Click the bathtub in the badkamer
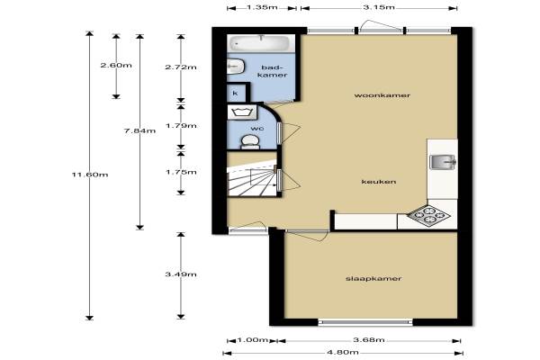(261, 43)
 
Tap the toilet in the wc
(250, 141)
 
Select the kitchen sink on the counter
(443, 162)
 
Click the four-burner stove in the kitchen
(428, 216)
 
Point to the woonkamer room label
(382, 95)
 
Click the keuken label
(379, 182)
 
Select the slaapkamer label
(373, 278)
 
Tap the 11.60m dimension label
(90, 175)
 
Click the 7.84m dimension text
(139, 130)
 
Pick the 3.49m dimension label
(181, 274)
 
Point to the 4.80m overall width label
(343, 352)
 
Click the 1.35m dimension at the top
(262, 7)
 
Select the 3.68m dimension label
(369, 339)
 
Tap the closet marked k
(237, 93)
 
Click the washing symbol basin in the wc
(242, 112)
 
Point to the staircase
(252, 180)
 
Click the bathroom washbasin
(236, 66)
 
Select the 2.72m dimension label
(181, 67)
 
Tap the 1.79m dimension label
(181, 125)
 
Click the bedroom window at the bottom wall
(365, 322)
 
